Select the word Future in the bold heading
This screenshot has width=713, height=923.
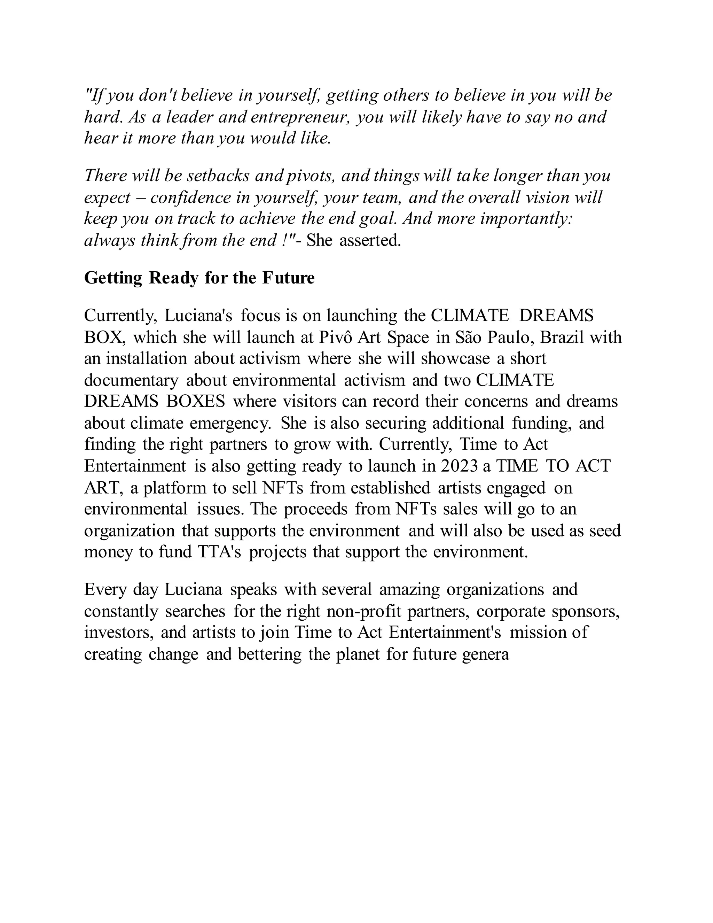[289, 278]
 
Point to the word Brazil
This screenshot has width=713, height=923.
[561, 337]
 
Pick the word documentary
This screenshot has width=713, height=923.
[131, 380]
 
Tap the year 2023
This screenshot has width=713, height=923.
[459, 466]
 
